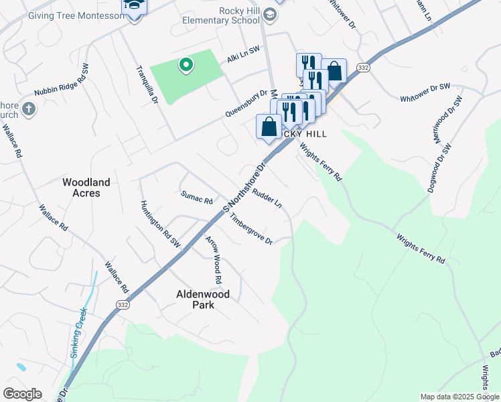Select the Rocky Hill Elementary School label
coord(220,15)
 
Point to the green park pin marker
coord(186,66)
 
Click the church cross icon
coord(28,109)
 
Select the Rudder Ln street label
coord(267,198)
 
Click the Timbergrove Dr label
coord(251,230)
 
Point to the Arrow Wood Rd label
coord(214,259)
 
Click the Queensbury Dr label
coord(246,105)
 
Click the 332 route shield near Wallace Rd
coord(122,304)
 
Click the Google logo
coord(22,394)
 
